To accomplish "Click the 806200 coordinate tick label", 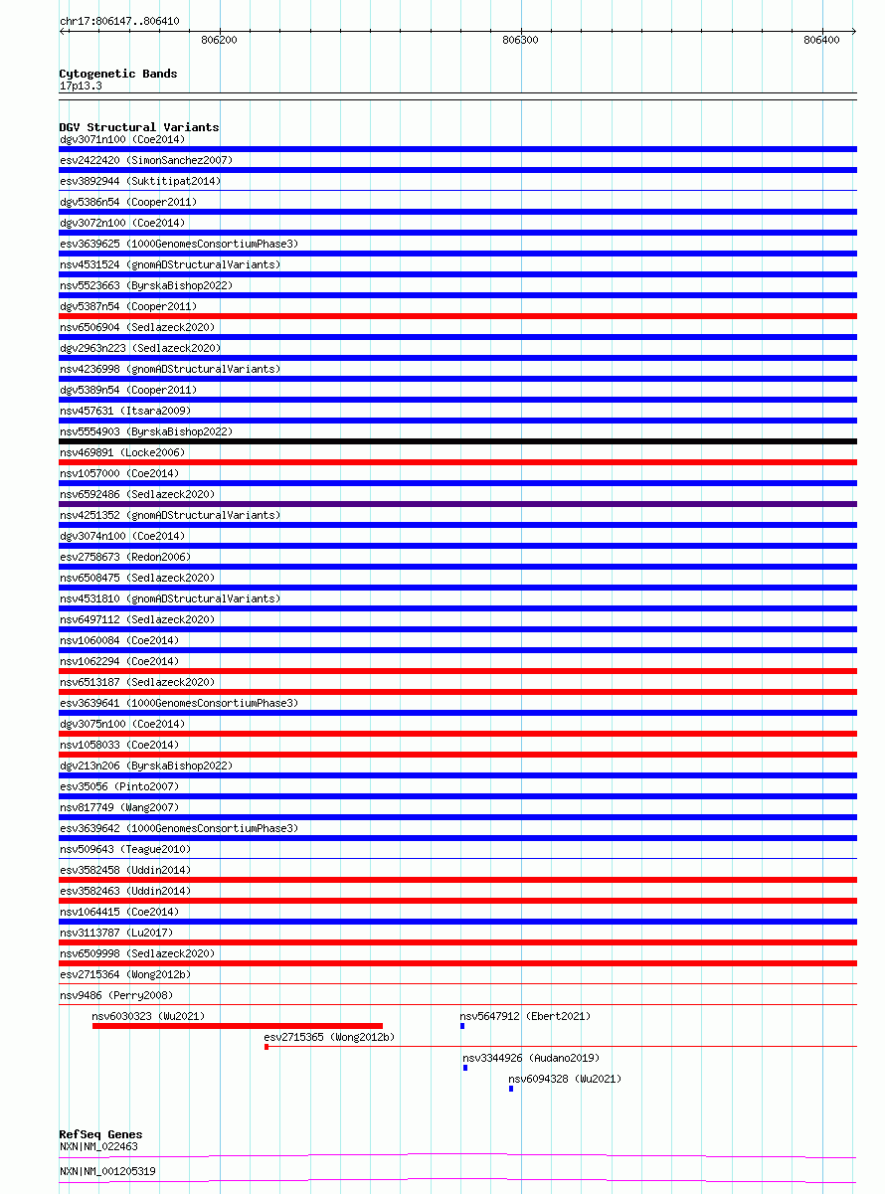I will (x=219, y=40).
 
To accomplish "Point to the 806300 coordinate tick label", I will (x=521, y=40).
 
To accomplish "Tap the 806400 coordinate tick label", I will (x=822, y=40).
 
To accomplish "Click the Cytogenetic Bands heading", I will (x=118, y=74).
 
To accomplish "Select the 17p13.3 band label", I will (x=81, y=85).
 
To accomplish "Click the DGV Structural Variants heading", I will (x=139, y=127).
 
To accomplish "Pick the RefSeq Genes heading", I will (x=100, y=1134).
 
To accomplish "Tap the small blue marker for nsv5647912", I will (x=462, y=1026).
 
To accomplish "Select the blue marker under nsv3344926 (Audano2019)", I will (x=465, y=1068).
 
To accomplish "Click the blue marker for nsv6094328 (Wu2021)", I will (x=511, y=1089).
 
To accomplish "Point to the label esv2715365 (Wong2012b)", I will (x=329, y=1038).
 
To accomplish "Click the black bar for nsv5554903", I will (x=457, y=441).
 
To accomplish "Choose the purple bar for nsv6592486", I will (x=457, y=504).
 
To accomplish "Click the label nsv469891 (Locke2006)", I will (x=122, y=452).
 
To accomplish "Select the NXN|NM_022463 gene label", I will (x=98, y=1147).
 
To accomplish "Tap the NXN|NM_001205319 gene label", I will (x=107, y=1171).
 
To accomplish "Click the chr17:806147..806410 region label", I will (x=119, y=21).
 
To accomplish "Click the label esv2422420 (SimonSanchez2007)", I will (x=146, y=160).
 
